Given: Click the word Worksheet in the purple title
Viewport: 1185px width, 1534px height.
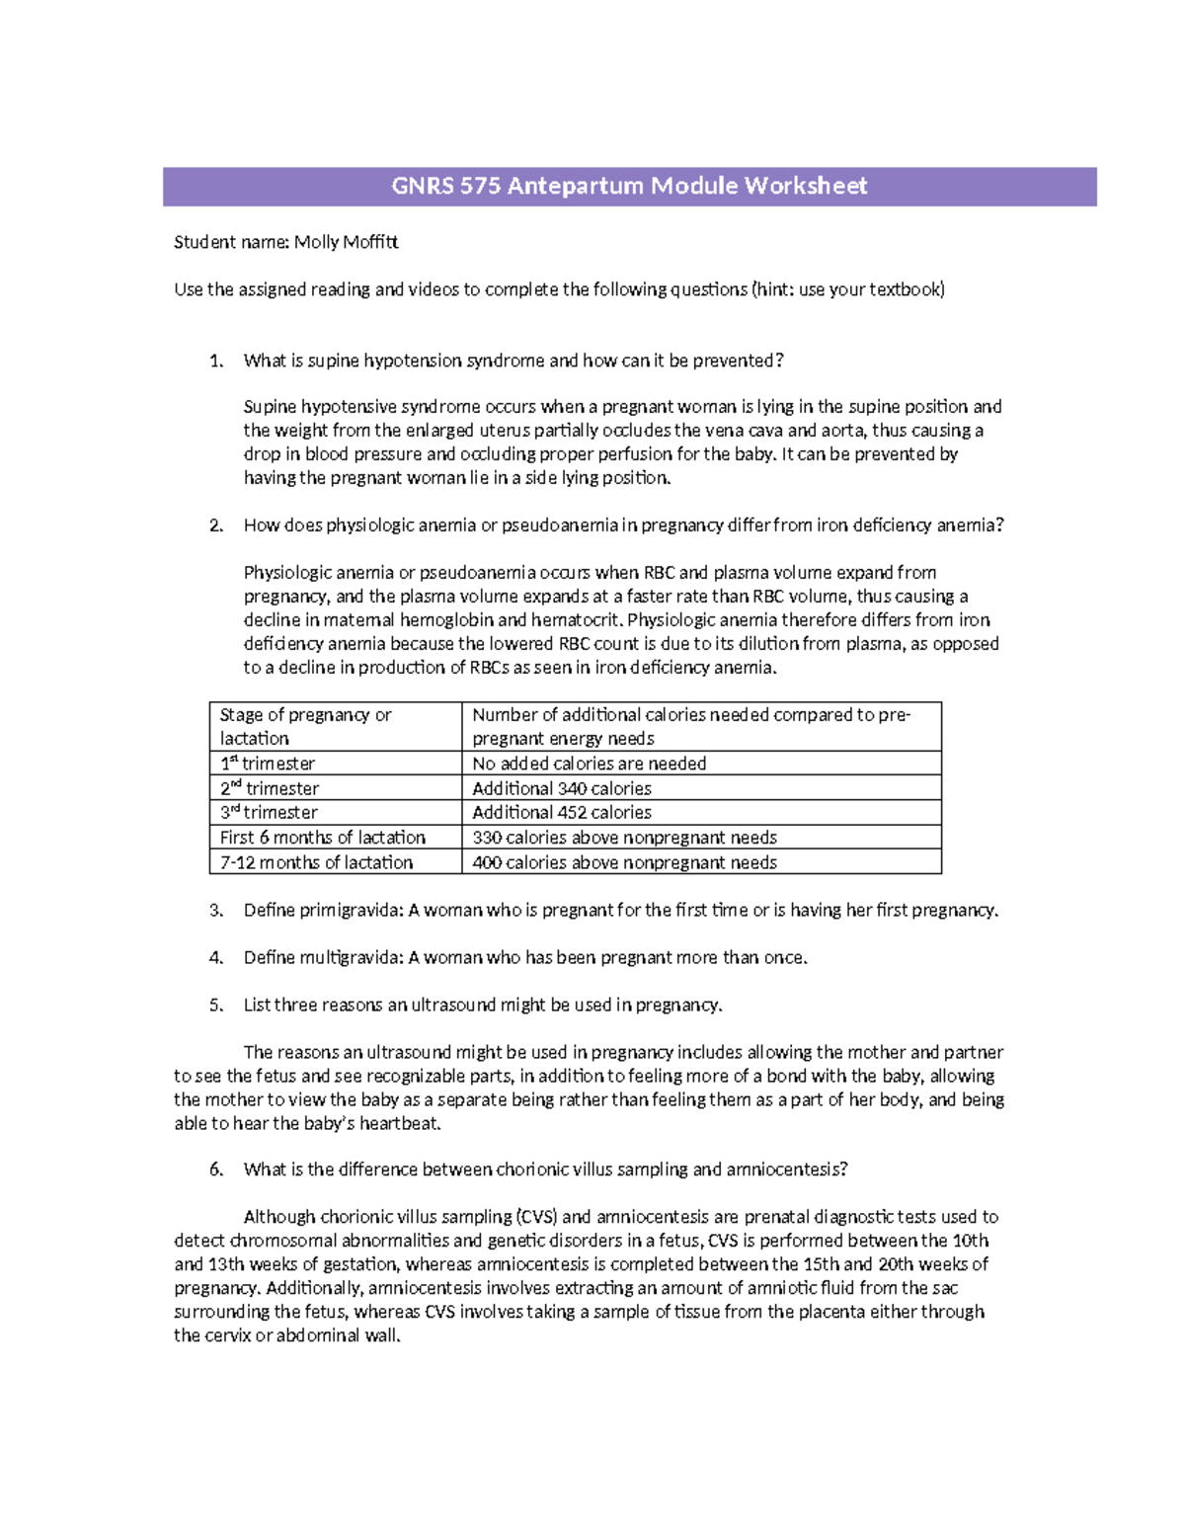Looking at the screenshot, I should pyautogui.click(x=805, y=186).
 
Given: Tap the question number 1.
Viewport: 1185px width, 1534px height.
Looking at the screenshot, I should pyautogui.click(x=215, y=361).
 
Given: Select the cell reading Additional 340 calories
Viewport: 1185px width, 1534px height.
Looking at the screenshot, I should pyautogui.click(x=562, y=788).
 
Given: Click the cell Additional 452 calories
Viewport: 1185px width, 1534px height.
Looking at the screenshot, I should pyautogui.click(x=562, y=812).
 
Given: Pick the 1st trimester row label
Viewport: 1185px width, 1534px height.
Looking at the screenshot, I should pyautogui.click(x=268, y=764).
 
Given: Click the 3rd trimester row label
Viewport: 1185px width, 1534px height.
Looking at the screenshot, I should pyautogui.click(x=269, y=812).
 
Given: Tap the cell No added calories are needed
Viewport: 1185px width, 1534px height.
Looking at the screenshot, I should pyautogui.click(x=589, y=764).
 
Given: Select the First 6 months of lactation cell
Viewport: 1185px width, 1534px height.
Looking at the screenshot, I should pyautogui.click(x=323, y=837).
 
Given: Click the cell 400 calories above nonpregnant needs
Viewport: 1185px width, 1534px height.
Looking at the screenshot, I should pyautogui.click(x=624, y=862).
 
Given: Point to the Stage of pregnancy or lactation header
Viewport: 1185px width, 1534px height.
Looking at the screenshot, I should pyautogui.click(x=305, y=726).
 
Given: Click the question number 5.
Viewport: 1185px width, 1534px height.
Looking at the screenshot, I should pyautogui.click(x=215, y=1005).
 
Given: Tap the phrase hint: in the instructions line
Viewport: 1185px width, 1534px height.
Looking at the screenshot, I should pyautogui.click(x=774, y=289).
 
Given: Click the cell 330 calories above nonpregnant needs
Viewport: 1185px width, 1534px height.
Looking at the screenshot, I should pyautogui.click(x=624, y=837).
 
